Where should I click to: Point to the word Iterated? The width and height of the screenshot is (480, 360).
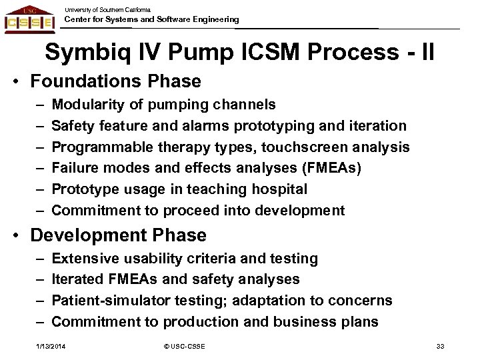pyautogui.click(x=77, y=279)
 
